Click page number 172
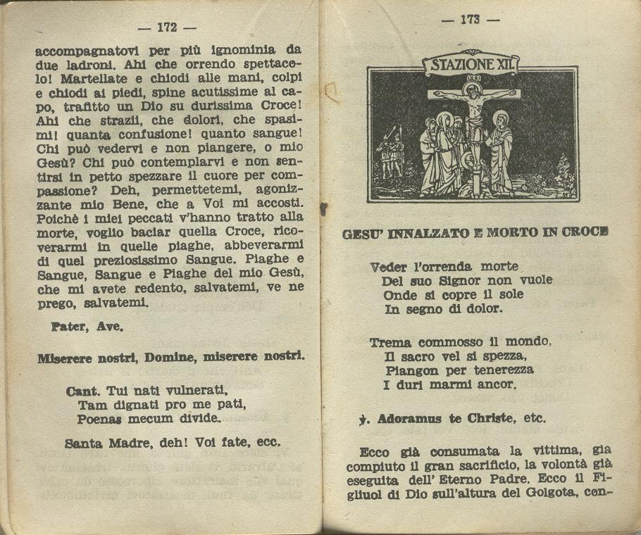167,27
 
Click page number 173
470,20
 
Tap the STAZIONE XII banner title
471,65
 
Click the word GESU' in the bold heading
363,233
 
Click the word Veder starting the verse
389,267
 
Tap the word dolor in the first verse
484,309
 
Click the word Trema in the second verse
390,343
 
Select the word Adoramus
409,419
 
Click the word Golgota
552,492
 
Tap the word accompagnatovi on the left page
87,50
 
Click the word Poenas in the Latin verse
99,419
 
